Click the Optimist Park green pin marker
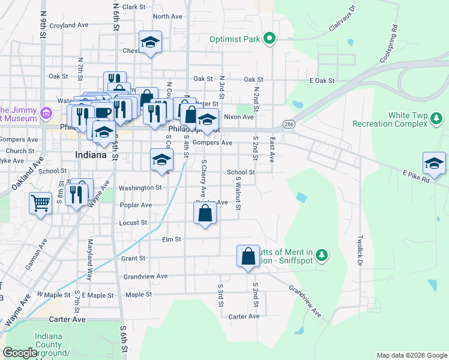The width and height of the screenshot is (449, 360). tap(270, 40)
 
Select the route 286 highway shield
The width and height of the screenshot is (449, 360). tap(289, 124)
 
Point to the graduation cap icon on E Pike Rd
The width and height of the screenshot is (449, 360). tap(434, 163)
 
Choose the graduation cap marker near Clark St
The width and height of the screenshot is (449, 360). tap(149, 42)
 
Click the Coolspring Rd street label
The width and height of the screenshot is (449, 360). tap(388, 44)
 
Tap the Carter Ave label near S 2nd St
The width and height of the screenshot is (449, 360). tap(244, 316)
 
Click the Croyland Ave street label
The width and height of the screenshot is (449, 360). tap(69, 26)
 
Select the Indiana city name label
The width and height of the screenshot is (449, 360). tap(91, 155)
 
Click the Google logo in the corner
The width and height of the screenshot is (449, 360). tap(20, 353)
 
